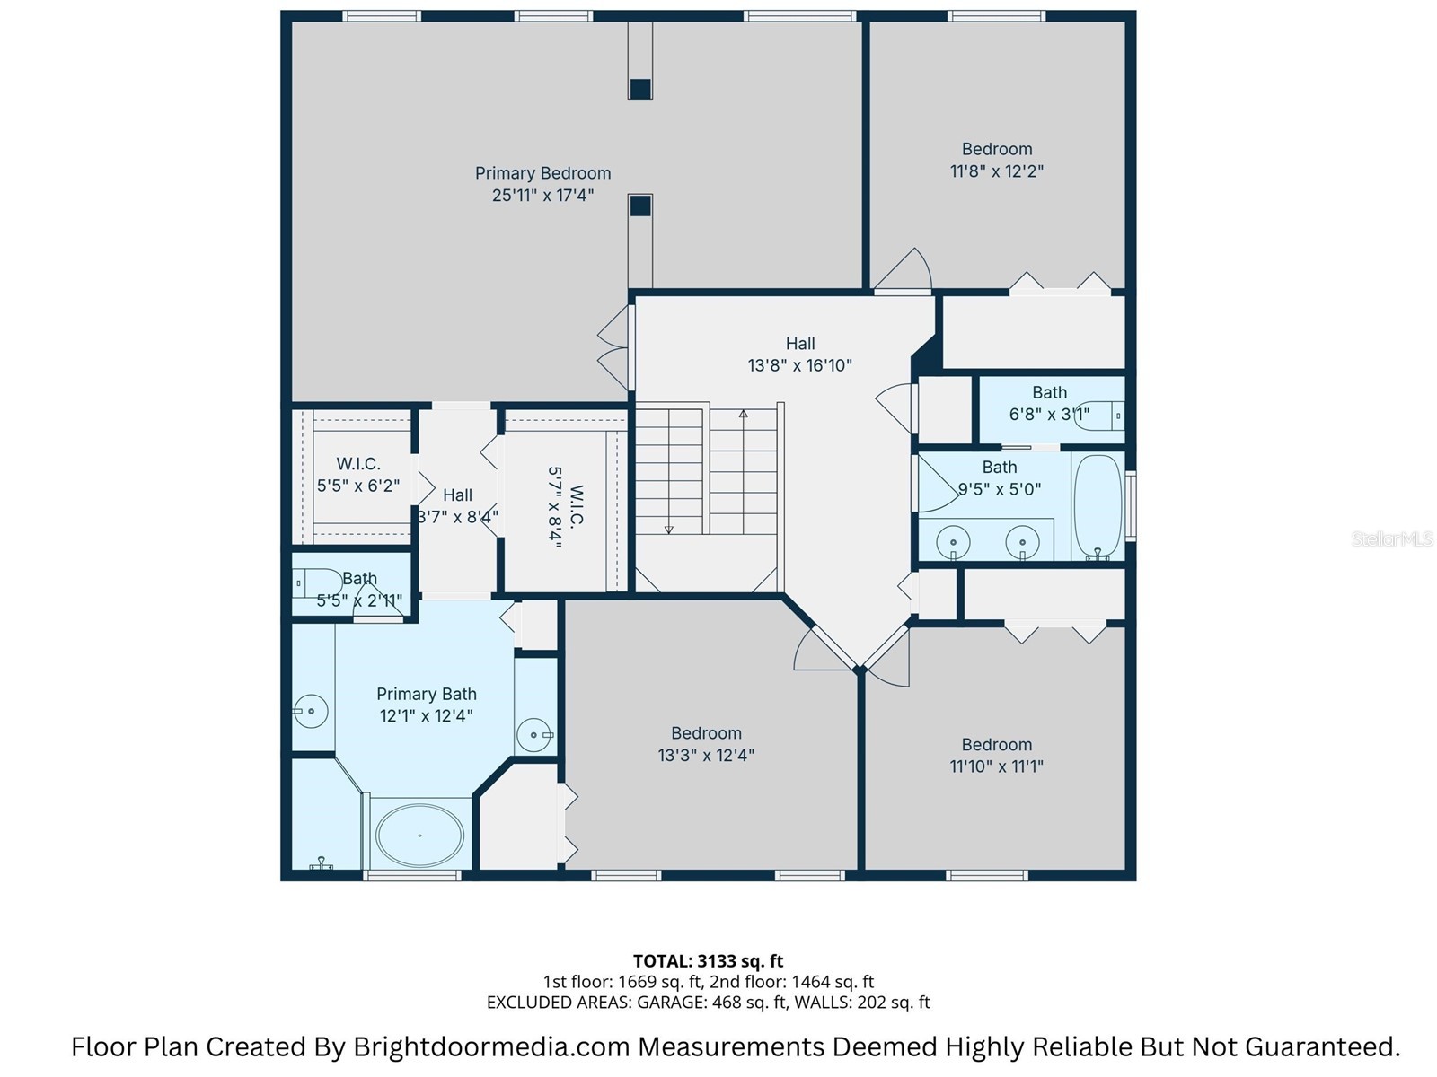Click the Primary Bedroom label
pyautogui.click(x=542, y=173)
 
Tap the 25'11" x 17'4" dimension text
pyautogui.click(x=542, y=196)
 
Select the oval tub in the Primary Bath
pyautogui.click(x=419, y=835)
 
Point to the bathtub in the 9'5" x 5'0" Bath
pyautogui.click(x=1098, y=507)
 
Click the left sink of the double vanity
pyautogui.click(x=952, y=542)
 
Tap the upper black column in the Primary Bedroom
pyautogui.click(x=639, y=89)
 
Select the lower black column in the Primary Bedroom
pyautogui.click(x=639, y=206)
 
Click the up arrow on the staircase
pyautogui.click(x=744, y=415)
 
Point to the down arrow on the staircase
pyautogui.click(x=668, y=530)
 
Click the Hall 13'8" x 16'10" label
pyautogui.click(x=799, y=355)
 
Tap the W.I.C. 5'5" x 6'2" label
pyautogui.click(x=358, y=475)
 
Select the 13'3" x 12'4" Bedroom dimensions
pyautogui.click(x=706, y=756)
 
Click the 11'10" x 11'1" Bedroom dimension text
pyautogui.click(x=996, y=766)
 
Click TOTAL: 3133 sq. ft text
pyautogui.click(x=708, y=961)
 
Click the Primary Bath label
pyautogui.click(x=426, y=694)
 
